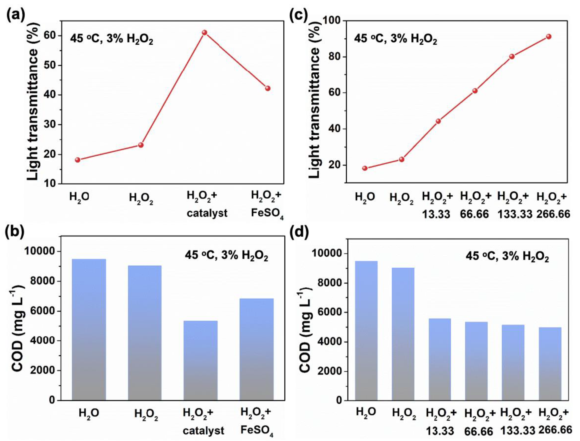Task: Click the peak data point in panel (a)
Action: (x=205, y=33)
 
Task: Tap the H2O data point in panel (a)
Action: (x=78, y=160)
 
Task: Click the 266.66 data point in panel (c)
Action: (x=548, y=37)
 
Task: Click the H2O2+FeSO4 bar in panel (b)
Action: (x=257, y=349)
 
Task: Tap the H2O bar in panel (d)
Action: (x=366, y=331)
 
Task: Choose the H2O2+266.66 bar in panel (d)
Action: (x=550, y=364)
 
